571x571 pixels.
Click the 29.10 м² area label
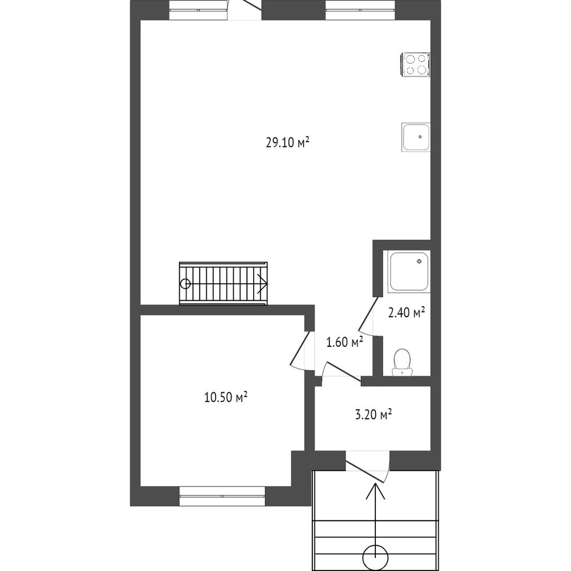288,142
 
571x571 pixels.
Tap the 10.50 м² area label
226,397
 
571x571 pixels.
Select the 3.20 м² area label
373,415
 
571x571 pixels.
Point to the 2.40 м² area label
407,312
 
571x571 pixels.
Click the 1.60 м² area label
345,342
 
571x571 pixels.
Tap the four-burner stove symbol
416,65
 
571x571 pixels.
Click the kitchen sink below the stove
416,137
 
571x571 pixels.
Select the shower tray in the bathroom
410,271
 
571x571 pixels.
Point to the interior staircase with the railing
223,283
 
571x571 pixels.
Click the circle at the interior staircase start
186,283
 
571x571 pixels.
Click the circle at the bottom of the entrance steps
375,558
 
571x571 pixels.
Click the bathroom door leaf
368,312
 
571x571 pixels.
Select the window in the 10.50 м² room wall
222,495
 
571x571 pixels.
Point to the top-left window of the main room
198,10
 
